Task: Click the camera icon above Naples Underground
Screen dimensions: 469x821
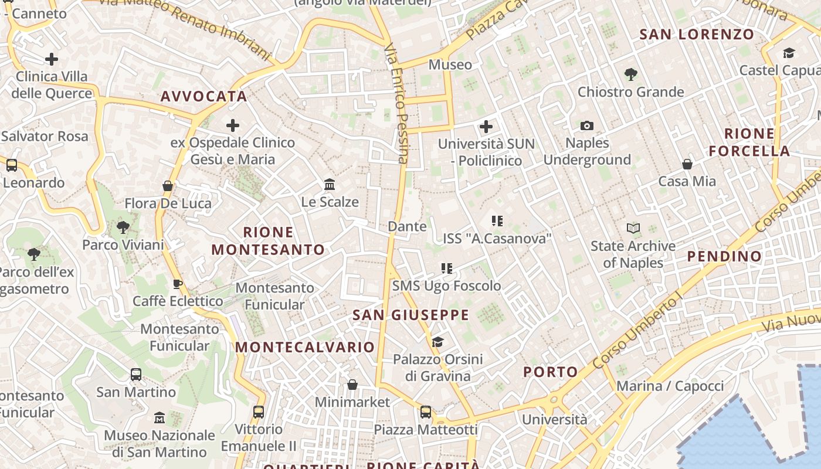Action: coord(586,125)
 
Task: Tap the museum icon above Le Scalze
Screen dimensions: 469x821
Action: coord(330,185)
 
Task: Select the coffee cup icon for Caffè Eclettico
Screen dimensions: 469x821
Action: coord(178,284)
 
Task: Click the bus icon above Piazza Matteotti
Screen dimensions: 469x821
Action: coord(426,412)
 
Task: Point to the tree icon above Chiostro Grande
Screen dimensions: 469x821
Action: coord(631,74)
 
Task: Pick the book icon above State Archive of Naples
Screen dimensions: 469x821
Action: coord(633,228)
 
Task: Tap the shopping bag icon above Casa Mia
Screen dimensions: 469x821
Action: coord(687,164)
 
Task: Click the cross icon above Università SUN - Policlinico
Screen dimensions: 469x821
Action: coord(486,126)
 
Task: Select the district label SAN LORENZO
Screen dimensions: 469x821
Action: coord(697,35)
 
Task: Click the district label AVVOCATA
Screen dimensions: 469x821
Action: coord(203,96)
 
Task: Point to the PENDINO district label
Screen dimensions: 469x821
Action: coord(724,256)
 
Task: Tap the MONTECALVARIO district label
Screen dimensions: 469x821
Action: coord(305,347)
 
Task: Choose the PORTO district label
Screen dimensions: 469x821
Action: coord(550,372)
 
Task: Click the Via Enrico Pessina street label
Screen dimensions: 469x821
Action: coord(396,103)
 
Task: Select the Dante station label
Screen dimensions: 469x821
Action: coord(407,226)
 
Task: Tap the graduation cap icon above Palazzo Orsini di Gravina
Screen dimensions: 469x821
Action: coord(437,342)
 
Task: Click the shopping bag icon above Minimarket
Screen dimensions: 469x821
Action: coord(352,385)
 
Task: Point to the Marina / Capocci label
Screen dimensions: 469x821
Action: coord(670,386)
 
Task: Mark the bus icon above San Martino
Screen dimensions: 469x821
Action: coord(136,374)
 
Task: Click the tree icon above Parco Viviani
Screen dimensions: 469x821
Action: coord(123,227)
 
